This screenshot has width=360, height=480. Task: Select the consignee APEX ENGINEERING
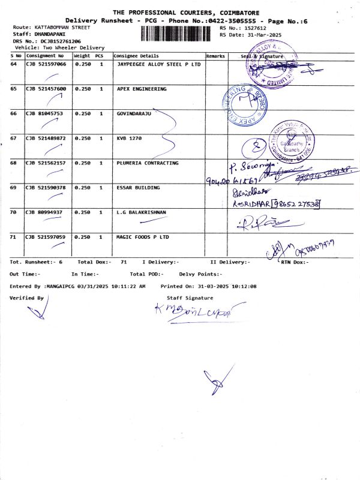click(141, 89)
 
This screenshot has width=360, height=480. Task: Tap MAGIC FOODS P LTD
click(142, 237)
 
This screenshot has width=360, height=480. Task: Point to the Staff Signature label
click(190, 298)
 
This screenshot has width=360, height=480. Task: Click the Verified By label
click(26, 298)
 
